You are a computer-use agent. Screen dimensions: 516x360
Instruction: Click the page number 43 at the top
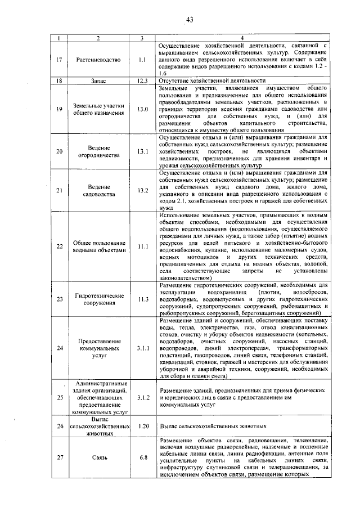click(190, 20)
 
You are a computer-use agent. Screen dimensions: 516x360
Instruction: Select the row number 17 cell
click(59, 59)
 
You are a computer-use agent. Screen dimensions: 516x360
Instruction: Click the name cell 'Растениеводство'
click(98, 59)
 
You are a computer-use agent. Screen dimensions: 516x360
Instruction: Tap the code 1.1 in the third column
click(142, 59)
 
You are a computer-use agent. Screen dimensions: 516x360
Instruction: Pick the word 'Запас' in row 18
click(98, 80)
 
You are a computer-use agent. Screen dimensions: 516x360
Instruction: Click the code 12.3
click(142, 80)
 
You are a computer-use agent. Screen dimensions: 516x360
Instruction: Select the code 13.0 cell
click(142, 109)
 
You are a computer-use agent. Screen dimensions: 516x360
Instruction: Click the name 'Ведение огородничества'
click(98, 151)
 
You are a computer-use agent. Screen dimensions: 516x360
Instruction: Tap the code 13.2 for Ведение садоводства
click(142, 190)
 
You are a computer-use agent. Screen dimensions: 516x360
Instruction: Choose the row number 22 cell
click(59, 246)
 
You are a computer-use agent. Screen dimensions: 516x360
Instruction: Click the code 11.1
click(142, 246)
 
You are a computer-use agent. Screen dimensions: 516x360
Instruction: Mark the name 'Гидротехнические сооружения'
click(98, 299)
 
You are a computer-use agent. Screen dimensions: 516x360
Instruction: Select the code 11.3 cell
click(142, 299)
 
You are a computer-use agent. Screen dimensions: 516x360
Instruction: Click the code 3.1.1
click(142, 348)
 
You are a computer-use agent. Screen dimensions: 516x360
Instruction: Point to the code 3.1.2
click(142, 397)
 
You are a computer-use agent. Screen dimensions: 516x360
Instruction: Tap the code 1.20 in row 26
click(142, 426)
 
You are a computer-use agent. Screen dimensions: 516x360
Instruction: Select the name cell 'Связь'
click(98, 457)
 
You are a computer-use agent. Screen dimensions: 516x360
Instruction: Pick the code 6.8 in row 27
click(142, 457)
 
